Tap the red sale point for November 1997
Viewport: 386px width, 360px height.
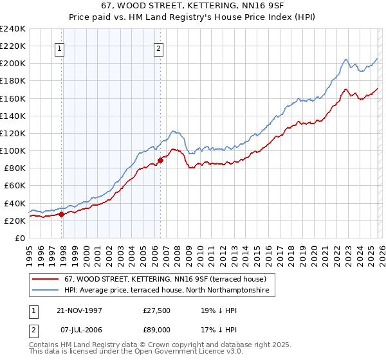62,215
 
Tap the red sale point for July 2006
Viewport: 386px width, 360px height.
160,161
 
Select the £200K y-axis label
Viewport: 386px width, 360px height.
13,64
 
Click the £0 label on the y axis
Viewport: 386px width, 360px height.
21,238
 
